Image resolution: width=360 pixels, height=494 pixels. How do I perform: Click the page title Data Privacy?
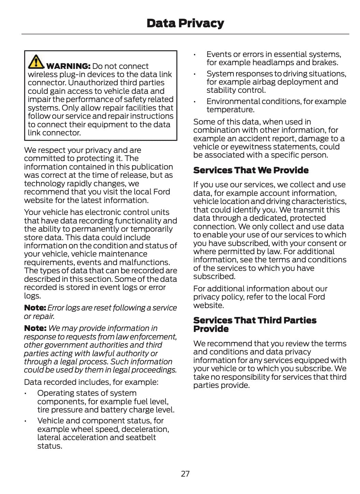(185, 23)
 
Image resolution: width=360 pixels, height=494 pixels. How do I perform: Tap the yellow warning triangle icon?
(36, 61)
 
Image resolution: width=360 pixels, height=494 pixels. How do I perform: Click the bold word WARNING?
(68, 66)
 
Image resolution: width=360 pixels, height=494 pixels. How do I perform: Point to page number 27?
(185, 474)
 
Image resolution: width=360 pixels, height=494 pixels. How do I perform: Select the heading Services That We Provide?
(251, 170)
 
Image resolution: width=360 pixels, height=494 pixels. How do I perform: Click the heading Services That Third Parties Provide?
(255, 324)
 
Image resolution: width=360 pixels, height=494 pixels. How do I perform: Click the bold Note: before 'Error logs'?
(35, 308)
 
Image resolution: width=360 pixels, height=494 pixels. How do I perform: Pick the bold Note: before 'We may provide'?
(35, 328)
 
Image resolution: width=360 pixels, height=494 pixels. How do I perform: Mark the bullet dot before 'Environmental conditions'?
(195, 102)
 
